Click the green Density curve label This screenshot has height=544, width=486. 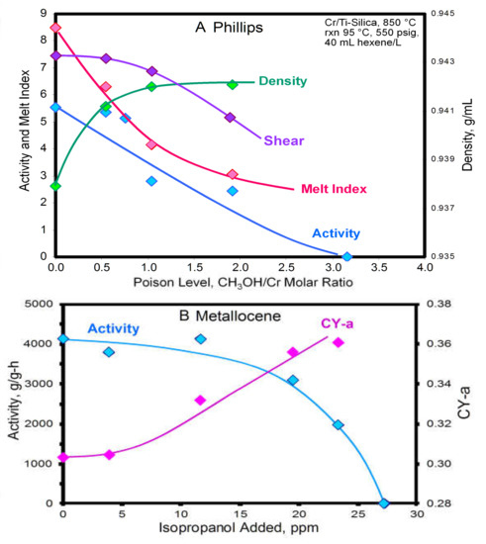point(282,81)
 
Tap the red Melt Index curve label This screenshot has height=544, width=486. point(336,189)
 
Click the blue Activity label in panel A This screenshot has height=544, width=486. point(337,233)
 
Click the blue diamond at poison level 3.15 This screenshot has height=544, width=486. point(346,256)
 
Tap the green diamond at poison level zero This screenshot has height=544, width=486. point(56,186)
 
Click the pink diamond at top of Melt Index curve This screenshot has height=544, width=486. point(56,28)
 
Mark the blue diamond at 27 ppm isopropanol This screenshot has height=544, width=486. point(384,503)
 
